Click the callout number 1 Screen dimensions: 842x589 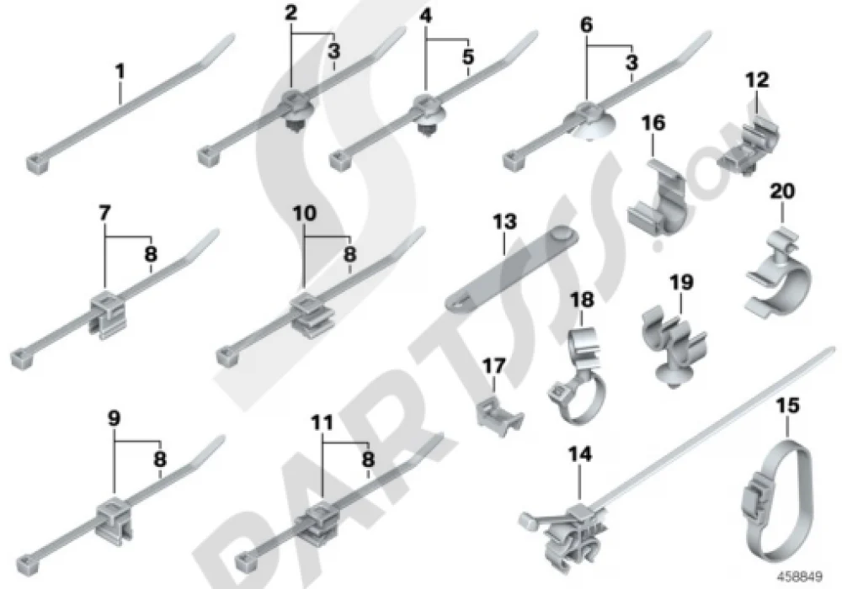pos(120,72)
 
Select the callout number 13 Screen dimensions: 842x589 pos(504,221)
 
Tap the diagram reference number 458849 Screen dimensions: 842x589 pos(802,577)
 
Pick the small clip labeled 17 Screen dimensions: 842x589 pos(498,417)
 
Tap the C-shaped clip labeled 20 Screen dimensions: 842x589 pos(779,275)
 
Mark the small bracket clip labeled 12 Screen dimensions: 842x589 pos(749,141)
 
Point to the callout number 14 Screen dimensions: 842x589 pos(580,455)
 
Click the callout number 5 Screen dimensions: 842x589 pos(468,56)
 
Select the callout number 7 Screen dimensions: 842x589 pos(104,214)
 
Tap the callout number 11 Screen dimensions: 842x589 pos(322,423)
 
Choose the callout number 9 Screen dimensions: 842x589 pos(114,418)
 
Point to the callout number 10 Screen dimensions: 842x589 pos(304,214)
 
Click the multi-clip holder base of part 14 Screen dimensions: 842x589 pos(570,537)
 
